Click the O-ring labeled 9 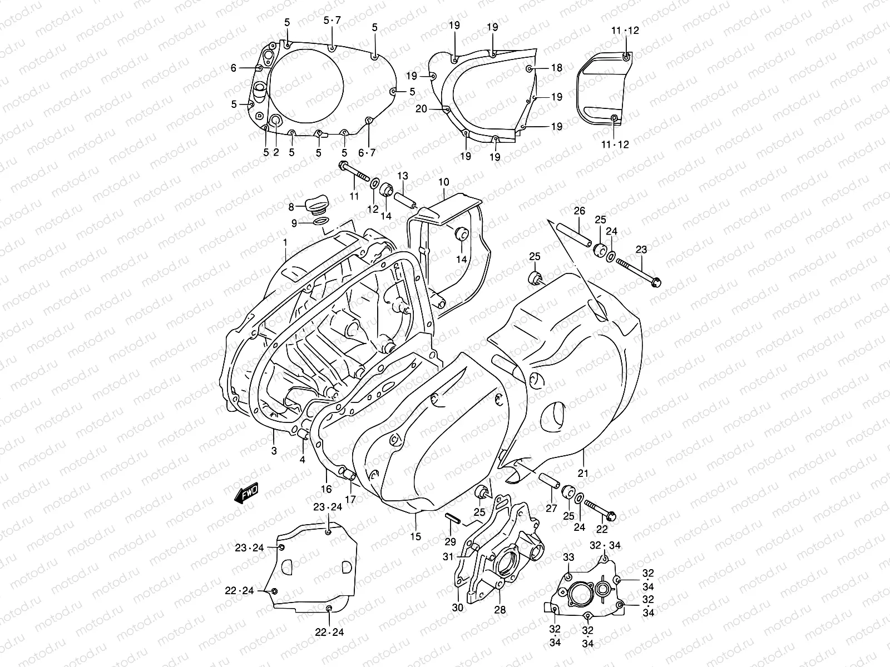(x=320, y=223)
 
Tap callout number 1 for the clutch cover (x=285, y=242)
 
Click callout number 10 (x=443, y=182)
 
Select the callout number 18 (x=557, y=68)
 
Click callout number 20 (x=421, y=109)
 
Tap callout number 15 (x=416, y=536)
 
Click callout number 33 (x=568, y=558)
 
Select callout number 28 (x=500, y=610)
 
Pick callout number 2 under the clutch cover (x=276, y=152)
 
